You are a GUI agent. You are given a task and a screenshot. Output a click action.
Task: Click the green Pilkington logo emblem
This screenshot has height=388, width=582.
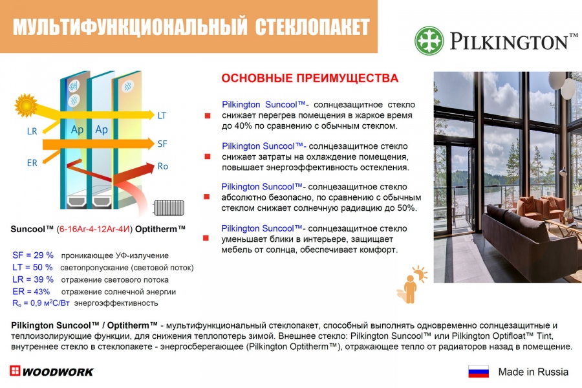(x=429, y=41)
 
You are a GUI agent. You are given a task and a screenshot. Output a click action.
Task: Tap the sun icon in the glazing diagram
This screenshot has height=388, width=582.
(x=26, y=106)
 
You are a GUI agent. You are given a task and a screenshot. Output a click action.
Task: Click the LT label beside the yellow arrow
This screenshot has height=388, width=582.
(x=162, y=116)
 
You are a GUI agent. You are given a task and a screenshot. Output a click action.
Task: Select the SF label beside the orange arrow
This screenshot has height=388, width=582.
(x=162, y=144)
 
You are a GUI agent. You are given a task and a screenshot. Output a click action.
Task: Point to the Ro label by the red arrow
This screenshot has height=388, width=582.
(x=163, y=166)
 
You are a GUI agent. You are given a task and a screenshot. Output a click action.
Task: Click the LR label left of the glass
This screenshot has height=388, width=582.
(x=32, y=131)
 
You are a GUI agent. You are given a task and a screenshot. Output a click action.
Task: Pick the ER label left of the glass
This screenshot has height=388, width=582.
(x=32, y=163)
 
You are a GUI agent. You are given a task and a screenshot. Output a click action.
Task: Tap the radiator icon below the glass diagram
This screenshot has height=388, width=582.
(x=169, y=208)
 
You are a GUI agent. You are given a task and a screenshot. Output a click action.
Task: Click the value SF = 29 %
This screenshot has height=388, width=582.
(x=33, y=255)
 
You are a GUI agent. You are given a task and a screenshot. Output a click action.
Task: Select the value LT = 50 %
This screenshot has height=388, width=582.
(x=33, y=267)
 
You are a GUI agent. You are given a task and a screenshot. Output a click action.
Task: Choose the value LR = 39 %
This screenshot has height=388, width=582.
(x=33, y=279)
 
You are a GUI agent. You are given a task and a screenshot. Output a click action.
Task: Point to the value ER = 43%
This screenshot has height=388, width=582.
(x=31, y=292)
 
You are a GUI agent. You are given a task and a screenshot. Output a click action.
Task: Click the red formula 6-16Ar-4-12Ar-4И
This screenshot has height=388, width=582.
(x=94, y=229)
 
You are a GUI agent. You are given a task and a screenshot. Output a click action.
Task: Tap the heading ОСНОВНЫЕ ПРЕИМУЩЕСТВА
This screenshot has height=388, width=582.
(x=310, y=78)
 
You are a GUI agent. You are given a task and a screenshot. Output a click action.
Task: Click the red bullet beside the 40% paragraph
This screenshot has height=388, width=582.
(x=208, y=116)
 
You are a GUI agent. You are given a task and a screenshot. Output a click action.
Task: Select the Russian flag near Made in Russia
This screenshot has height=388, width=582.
(x=479, y=372)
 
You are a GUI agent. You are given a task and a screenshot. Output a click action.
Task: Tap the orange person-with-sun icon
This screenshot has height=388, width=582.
(x=412, y=285)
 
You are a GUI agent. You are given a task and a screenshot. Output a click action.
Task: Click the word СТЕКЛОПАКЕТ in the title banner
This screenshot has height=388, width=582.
(x=312, y=27)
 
